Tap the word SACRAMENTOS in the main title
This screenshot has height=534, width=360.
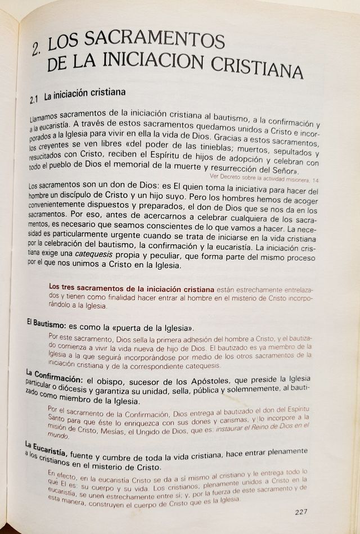pyautogui.click(x=138, y=42)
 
